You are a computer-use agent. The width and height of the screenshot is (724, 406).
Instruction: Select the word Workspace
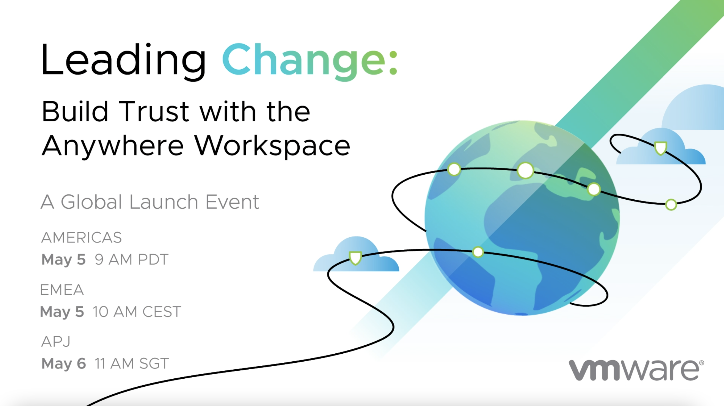272,146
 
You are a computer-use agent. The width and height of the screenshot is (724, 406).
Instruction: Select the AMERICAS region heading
81,238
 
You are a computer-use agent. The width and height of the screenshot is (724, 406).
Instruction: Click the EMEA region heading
62,290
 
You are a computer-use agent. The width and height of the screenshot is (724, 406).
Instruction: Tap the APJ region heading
56,342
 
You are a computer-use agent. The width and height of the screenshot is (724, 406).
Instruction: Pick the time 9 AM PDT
131,259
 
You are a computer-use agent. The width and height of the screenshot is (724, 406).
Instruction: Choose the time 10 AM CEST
137,312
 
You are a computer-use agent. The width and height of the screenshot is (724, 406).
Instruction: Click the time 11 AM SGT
131,363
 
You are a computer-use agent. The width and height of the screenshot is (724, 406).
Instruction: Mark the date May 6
63,364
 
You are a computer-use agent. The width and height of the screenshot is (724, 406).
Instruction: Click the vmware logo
636,370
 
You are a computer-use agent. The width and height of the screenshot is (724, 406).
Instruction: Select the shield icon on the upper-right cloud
661,148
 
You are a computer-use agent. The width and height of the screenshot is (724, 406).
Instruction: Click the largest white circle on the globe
525,170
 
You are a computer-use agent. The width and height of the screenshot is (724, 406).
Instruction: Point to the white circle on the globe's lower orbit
478,252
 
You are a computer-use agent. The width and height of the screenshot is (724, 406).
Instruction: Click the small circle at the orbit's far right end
671,205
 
